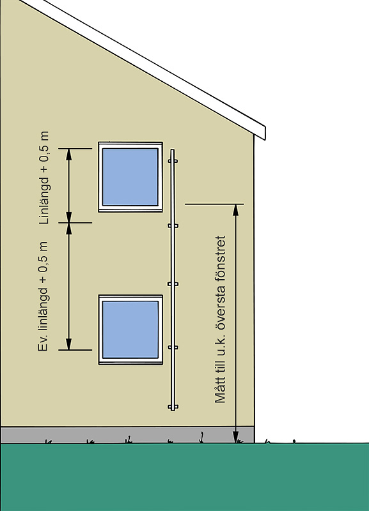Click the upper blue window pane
pyautogui.click(x=130, y=177)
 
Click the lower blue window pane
pyautogui.click(x=130, y=330)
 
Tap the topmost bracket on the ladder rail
pyautogui.click(x=173, y=161)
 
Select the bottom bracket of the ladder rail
pyautogui.click(x=173, y=407)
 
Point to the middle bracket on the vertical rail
pyautogui.click(x=173, y=284)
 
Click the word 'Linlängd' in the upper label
pyautogui.click(x=44, y=201)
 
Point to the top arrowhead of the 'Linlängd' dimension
pyautogui.click(x=69, y=154)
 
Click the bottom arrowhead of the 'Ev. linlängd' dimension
pyautogui.click(x=69, y=344)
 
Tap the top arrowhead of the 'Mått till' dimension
pyautogui.click(x=235, y=210)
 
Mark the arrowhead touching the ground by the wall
pyautogui.click(x=235, y=437)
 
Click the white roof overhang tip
pyautogui.click(x=265, y=133)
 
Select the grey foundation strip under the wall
pyautogui.click(x=127, y=435)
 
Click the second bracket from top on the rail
pyautogui.click(x=173, y=225)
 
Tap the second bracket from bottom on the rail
pyautogui.click(x=173, y=347)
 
